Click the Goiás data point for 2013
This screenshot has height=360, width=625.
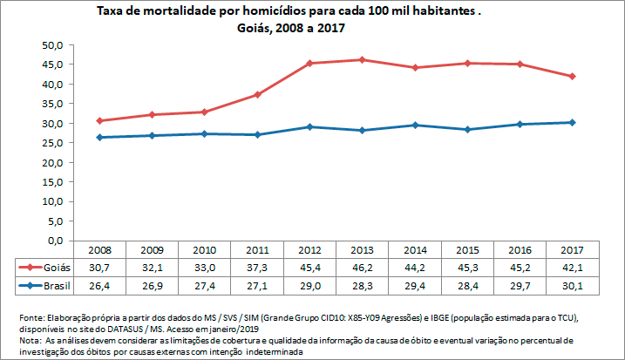tap(360, 59)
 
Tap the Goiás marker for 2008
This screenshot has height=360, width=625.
tap(99, 120)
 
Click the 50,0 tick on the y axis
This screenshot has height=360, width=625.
tap(54, 45)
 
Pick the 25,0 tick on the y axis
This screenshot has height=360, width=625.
tap(54, 143)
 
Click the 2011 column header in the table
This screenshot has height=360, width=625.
tap(256, 250)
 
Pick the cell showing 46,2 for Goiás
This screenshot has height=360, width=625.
tap(361, 268)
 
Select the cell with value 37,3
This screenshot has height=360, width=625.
tap(256, 268)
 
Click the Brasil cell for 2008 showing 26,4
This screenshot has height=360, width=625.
tap(99, 285)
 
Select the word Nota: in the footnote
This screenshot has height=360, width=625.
tap(29, 341)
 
